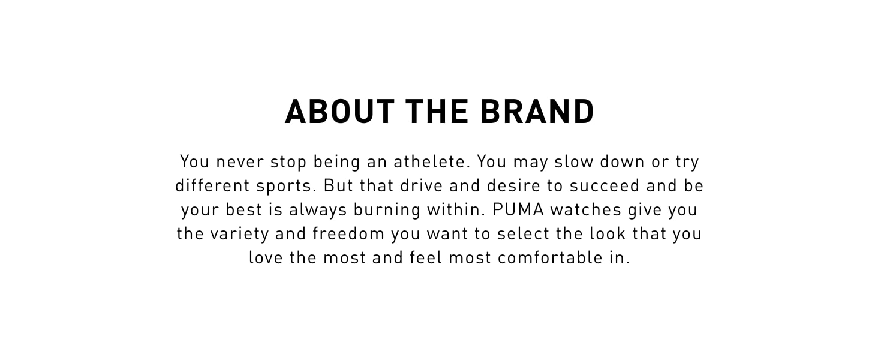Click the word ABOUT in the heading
tap(339, 112)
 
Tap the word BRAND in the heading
tap(537, 112)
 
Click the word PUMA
tap(518, 210)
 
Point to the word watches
tap(585, 210)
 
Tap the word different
tap(212, 186)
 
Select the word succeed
tap(605, 186)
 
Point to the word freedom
tap(348, 234)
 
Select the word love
tap(266, 257)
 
